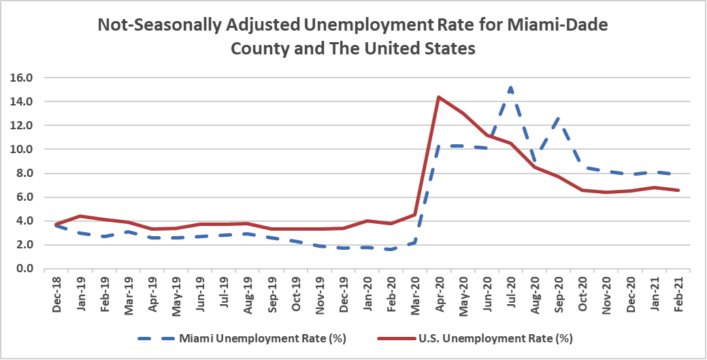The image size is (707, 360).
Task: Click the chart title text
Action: click(352, 37)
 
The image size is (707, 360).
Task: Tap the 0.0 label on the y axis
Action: click(24, 269)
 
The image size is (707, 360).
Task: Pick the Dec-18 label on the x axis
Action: click(57, 292)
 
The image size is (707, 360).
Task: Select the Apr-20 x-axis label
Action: click(438, 292)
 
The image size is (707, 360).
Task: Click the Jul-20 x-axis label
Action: click(510, 292)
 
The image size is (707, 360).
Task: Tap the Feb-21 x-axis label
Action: click(678, 292)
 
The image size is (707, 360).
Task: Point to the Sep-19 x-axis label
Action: click(272, 292)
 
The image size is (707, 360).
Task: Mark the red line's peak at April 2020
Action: click(439, 97)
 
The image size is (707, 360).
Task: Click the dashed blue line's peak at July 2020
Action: click(510, 87)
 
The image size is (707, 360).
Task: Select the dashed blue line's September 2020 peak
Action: click(559, 117)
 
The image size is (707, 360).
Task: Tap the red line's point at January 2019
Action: click(80, 216)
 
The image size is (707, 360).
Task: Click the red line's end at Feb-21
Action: click(678, 190)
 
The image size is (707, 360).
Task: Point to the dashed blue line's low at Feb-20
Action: click(391, 249)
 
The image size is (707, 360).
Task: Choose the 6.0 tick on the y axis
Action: click(24, 197)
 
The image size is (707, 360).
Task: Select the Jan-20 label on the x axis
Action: click(367, 292)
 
